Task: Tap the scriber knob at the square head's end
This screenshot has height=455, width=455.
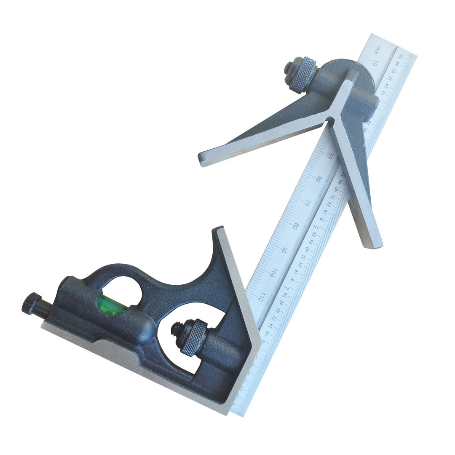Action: [32, 304]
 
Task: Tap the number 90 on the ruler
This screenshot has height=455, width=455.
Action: [285, 249]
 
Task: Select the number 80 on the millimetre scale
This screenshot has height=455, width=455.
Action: [296, 226]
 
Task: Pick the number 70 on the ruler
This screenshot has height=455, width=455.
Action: [308, 202]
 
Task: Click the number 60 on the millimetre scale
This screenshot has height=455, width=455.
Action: [319, 179]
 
